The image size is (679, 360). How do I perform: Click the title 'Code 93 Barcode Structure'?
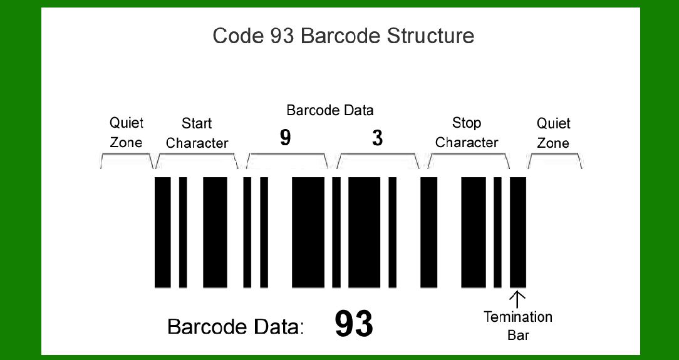[x=343, y=36]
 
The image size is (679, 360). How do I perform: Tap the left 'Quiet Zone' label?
[x=126, y=132]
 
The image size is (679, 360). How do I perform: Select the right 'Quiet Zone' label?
[x=553, y=133]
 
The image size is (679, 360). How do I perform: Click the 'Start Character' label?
[x=197, y=133]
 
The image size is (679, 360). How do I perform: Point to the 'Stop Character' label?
[x=467, y=132]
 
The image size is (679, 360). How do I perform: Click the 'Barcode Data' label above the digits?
[x=329, y=111]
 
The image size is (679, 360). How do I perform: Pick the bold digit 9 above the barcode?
[x=286, y=138]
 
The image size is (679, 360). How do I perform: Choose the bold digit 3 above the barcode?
[x=377, y=138]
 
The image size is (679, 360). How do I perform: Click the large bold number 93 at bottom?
[x=354, y=324]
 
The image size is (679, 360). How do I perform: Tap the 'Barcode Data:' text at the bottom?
[x=236, y=327]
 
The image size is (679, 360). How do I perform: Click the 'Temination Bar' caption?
[x=518, y=326]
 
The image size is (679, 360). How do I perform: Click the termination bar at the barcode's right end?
[x=518, y=232]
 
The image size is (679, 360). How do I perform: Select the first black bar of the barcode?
[x=162, y=232]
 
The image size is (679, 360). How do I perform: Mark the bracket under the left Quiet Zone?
[x=127, y=160]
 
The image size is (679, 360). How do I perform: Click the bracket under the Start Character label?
[x=197, y=160]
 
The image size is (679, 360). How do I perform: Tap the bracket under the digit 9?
[x=288, y=160]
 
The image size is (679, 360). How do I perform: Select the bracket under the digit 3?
[x=378, y=160]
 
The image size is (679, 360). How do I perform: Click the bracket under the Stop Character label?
[x=468, y=160]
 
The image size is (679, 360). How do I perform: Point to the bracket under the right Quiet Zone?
[x=555, y=160]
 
